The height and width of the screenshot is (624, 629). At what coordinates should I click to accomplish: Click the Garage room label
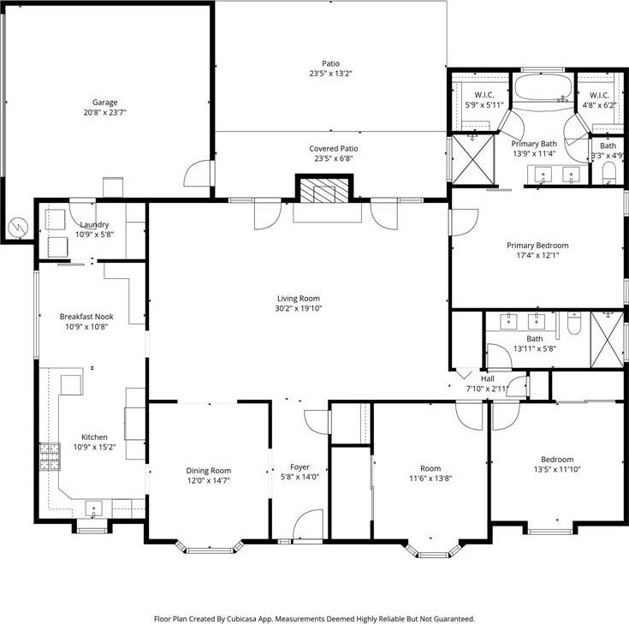pyautogui.click(x=104, y=103)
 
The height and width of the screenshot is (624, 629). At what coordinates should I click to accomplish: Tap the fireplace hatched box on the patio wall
pyautogui.click(x=324, y=190)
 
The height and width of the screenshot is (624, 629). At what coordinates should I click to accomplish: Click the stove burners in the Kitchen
pyautogui.click(x=50, y=456)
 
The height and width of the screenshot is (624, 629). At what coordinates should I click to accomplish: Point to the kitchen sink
pyautogui.click(x=93, y=508)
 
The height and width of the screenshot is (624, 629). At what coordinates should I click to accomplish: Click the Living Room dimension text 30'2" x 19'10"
pyautogui.click(x=299, y=308)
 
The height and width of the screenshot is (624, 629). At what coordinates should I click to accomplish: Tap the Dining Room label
pyautogui.click(x=209, y=471)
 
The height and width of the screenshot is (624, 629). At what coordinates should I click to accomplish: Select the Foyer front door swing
pyautogui.click(x=308, y=525)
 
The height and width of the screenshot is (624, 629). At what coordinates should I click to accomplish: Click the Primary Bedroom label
pyautogui.click(x=537, y=246)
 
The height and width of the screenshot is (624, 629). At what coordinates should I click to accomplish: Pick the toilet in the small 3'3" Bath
pyautogui.click(x=609, y=173)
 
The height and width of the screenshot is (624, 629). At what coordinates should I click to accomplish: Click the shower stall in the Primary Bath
pyautogui.click(x=473, y=159)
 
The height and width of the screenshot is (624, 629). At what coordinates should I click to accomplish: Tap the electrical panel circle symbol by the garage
pyautogui.click(x=19, y=228)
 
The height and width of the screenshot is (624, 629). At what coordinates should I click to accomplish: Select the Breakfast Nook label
pyautogui.click(x=86, y=317)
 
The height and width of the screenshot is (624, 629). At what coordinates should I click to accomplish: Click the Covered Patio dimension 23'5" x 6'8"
pyautogui.click(x=334, y=158)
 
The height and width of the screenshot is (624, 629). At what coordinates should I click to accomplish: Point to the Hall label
pyautogui.click(x=488, y=379)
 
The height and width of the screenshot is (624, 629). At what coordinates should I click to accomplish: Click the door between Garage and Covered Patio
pyautogui.click(x=199, y=174)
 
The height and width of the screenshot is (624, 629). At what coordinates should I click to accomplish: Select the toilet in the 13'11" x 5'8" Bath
pyautogui.click(x=574, y=324)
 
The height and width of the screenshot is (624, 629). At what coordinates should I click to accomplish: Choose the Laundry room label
pyautogui.click(x=95, y=225)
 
